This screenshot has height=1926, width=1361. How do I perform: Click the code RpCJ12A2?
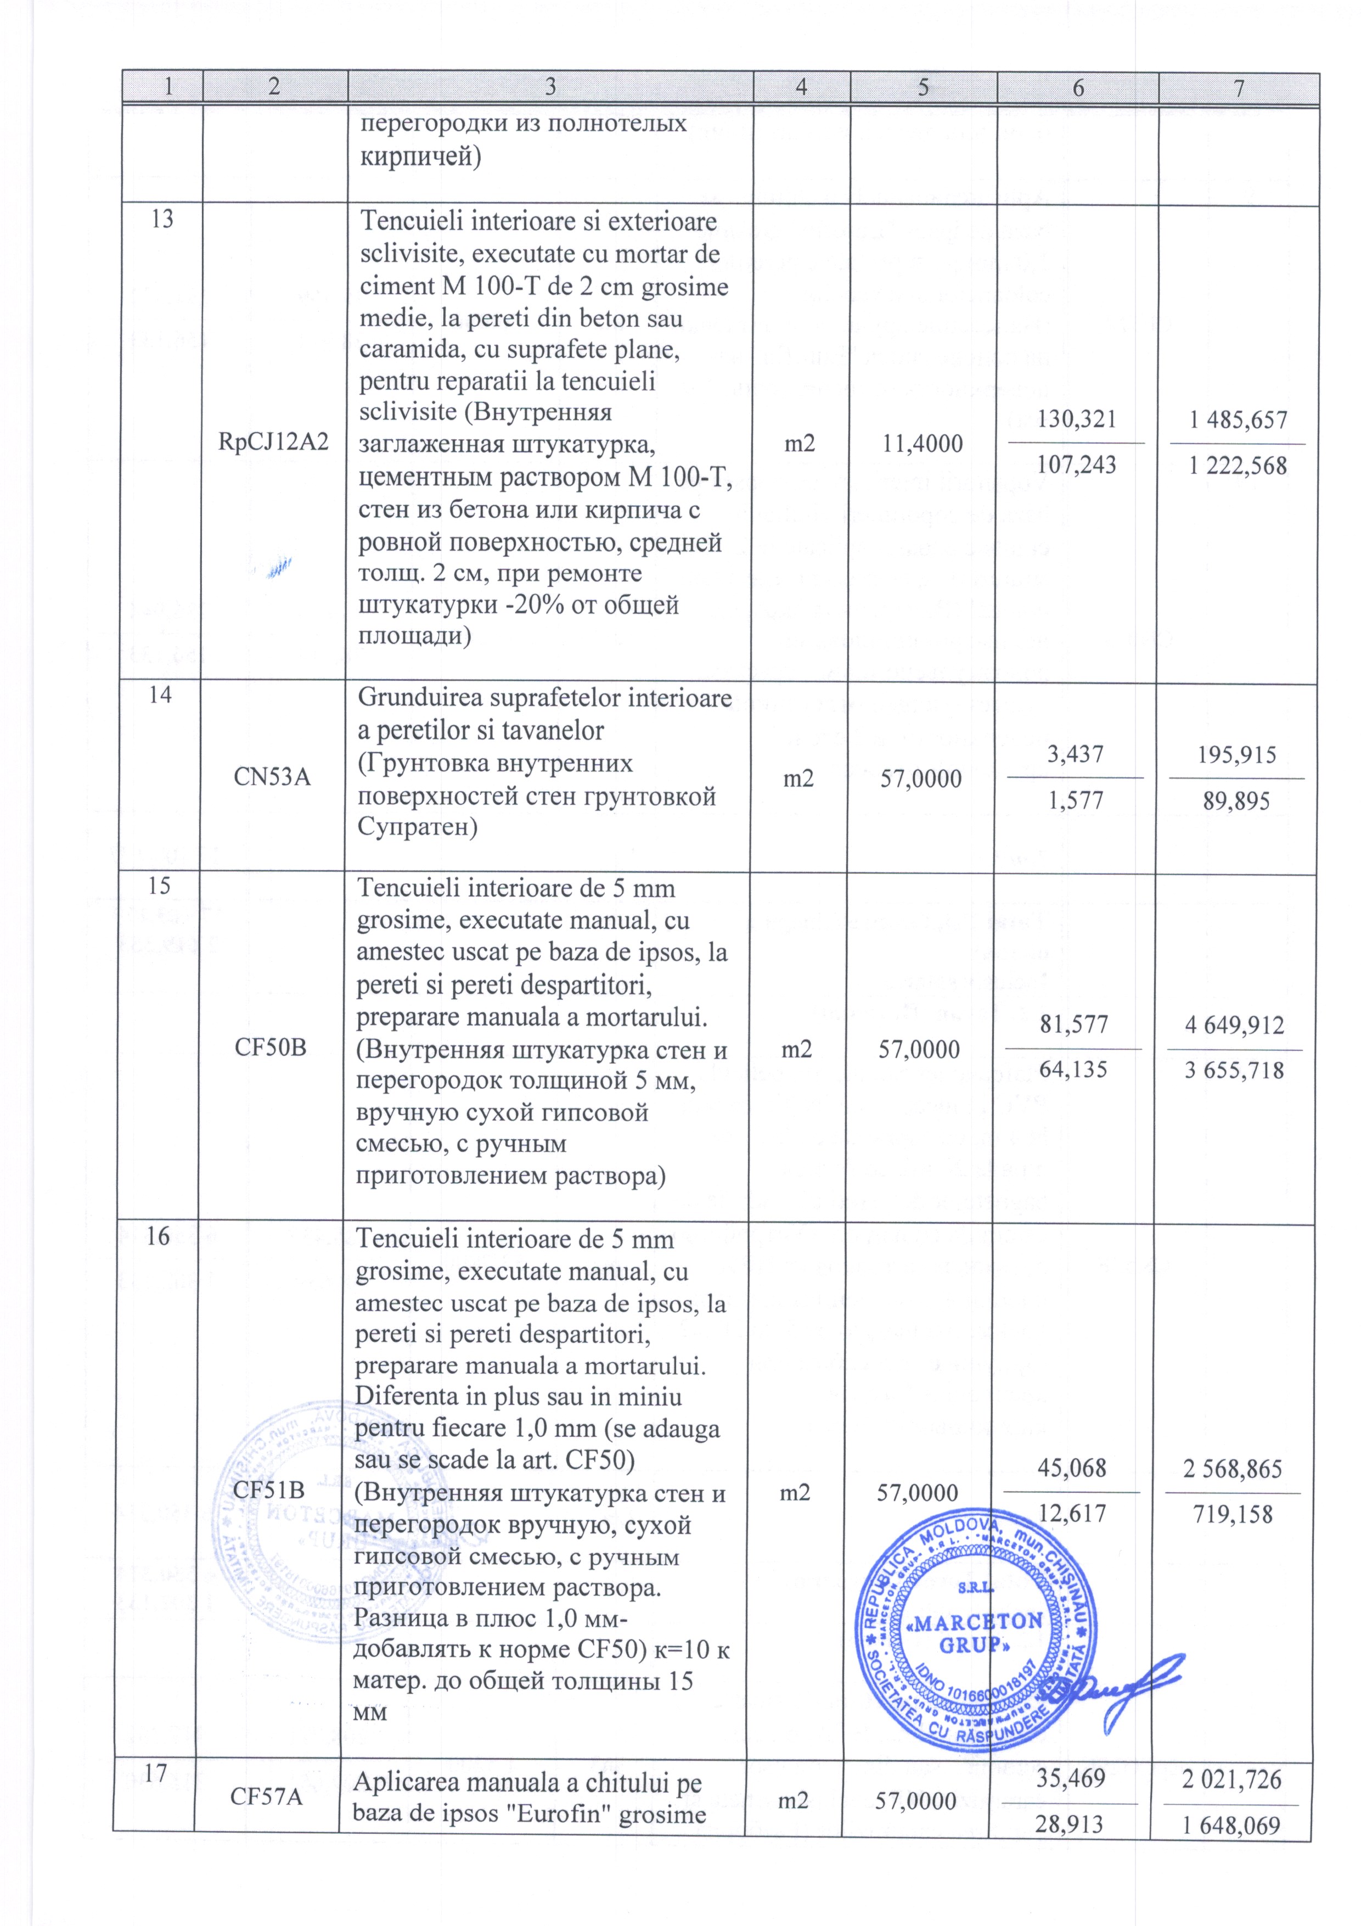[x=273, y=444]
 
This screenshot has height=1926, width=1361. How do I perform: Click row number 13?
[x=162, y=220]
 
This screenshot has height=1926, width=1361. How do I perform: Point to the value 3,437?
[x=1075, y=754]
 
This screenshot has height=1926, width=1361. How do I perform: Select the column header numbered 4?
[x=802, y=88]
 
